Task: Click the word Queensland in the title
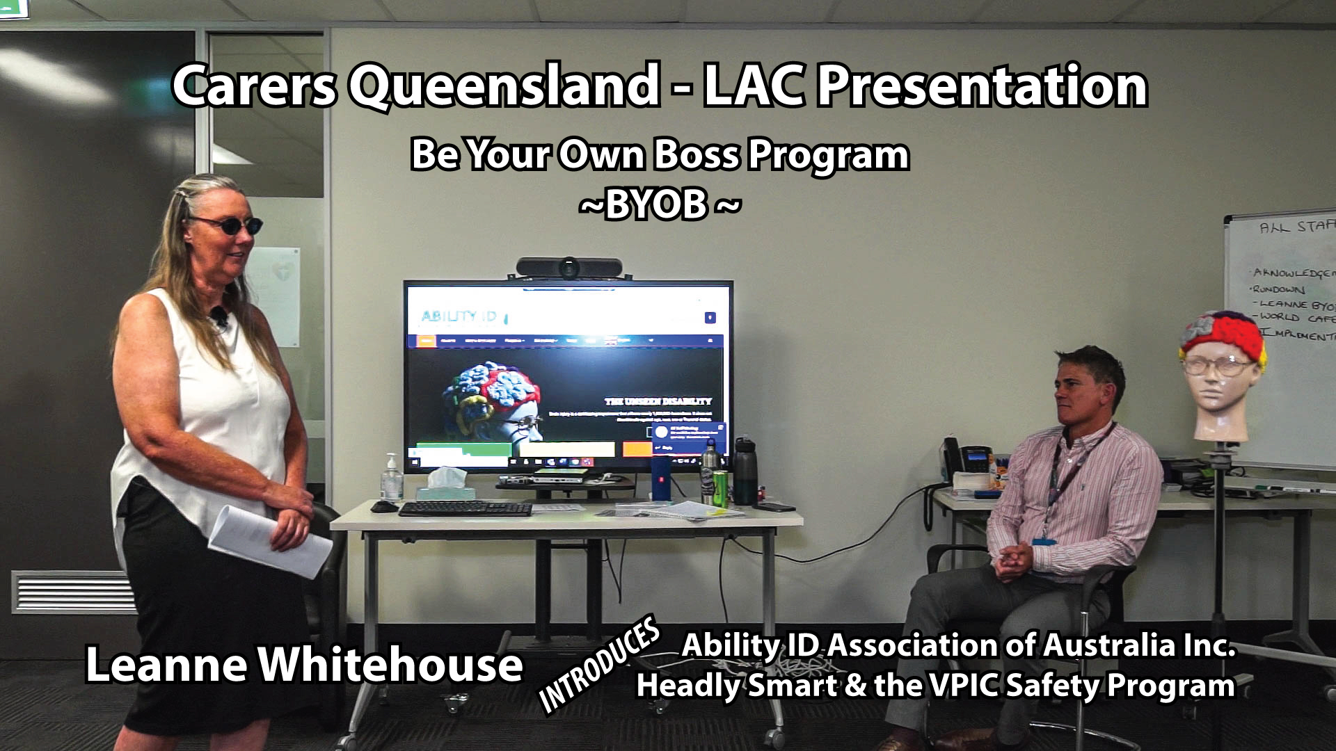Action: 503,86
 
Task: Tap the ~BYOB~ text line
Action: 659,204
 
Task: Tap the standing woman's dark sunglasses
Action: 230,225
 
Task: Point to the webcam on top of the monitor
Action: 568,268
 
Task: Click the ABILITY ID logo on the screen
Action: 459,317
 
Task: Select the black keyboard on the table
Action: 465,509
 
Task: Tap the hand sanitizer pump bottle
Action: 392,478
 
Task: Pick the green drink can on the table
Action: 720,489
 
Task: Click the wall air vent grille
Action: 73,593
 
